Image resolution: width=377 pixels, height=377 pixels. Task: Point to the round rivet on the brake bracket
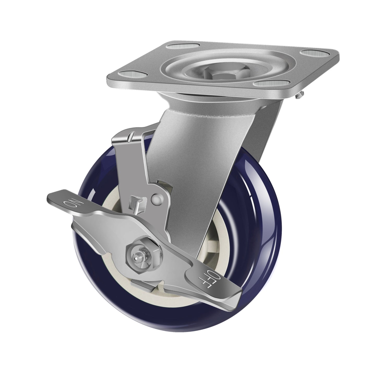point(156,198)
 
